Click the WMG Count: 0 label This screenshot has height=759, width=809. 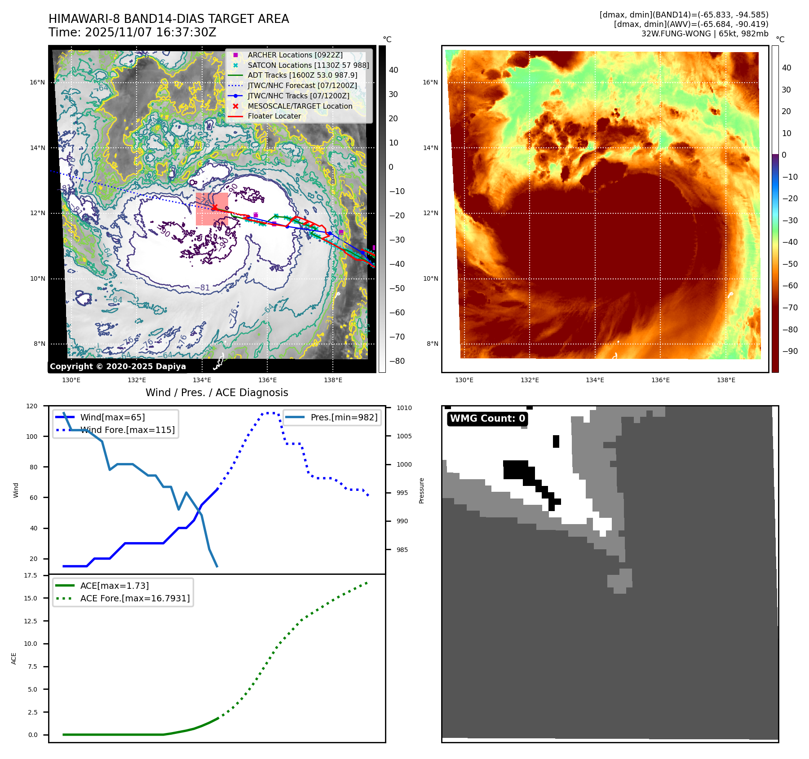487,419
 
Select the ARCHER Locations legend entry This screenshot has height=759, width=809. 295,55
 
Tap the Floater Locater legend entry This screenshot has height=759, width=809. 274,116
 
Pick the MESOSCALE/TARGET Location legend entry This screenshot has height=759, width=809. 300,106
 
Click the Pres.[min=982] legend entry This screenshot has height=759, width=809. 344,417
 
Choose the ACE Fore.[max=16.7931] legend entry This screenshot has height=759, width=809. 135,598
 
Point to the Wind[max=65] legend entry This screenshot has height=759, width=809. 112,417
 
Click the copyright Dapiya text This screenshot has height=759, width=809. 118,366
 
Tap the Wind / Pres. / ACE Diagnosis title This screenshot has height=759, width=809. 217,393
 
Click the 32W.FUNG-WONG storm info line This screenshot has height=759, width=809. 704,34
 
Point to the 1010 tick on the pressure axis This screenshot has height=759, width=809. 404,408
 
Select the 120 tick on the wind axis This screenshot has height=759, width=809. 32,406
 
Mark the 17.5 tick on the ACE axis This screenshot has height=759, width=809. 31,575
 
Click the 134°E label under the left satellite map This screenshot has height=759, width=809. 202,380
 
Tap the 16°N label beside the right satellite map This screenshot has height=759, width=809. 430,82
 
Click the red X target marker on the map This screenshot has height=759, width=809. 215,207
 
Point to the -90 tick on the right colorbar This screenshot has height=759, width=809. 790,351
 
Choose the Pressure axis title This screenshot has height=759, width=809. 421,490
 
